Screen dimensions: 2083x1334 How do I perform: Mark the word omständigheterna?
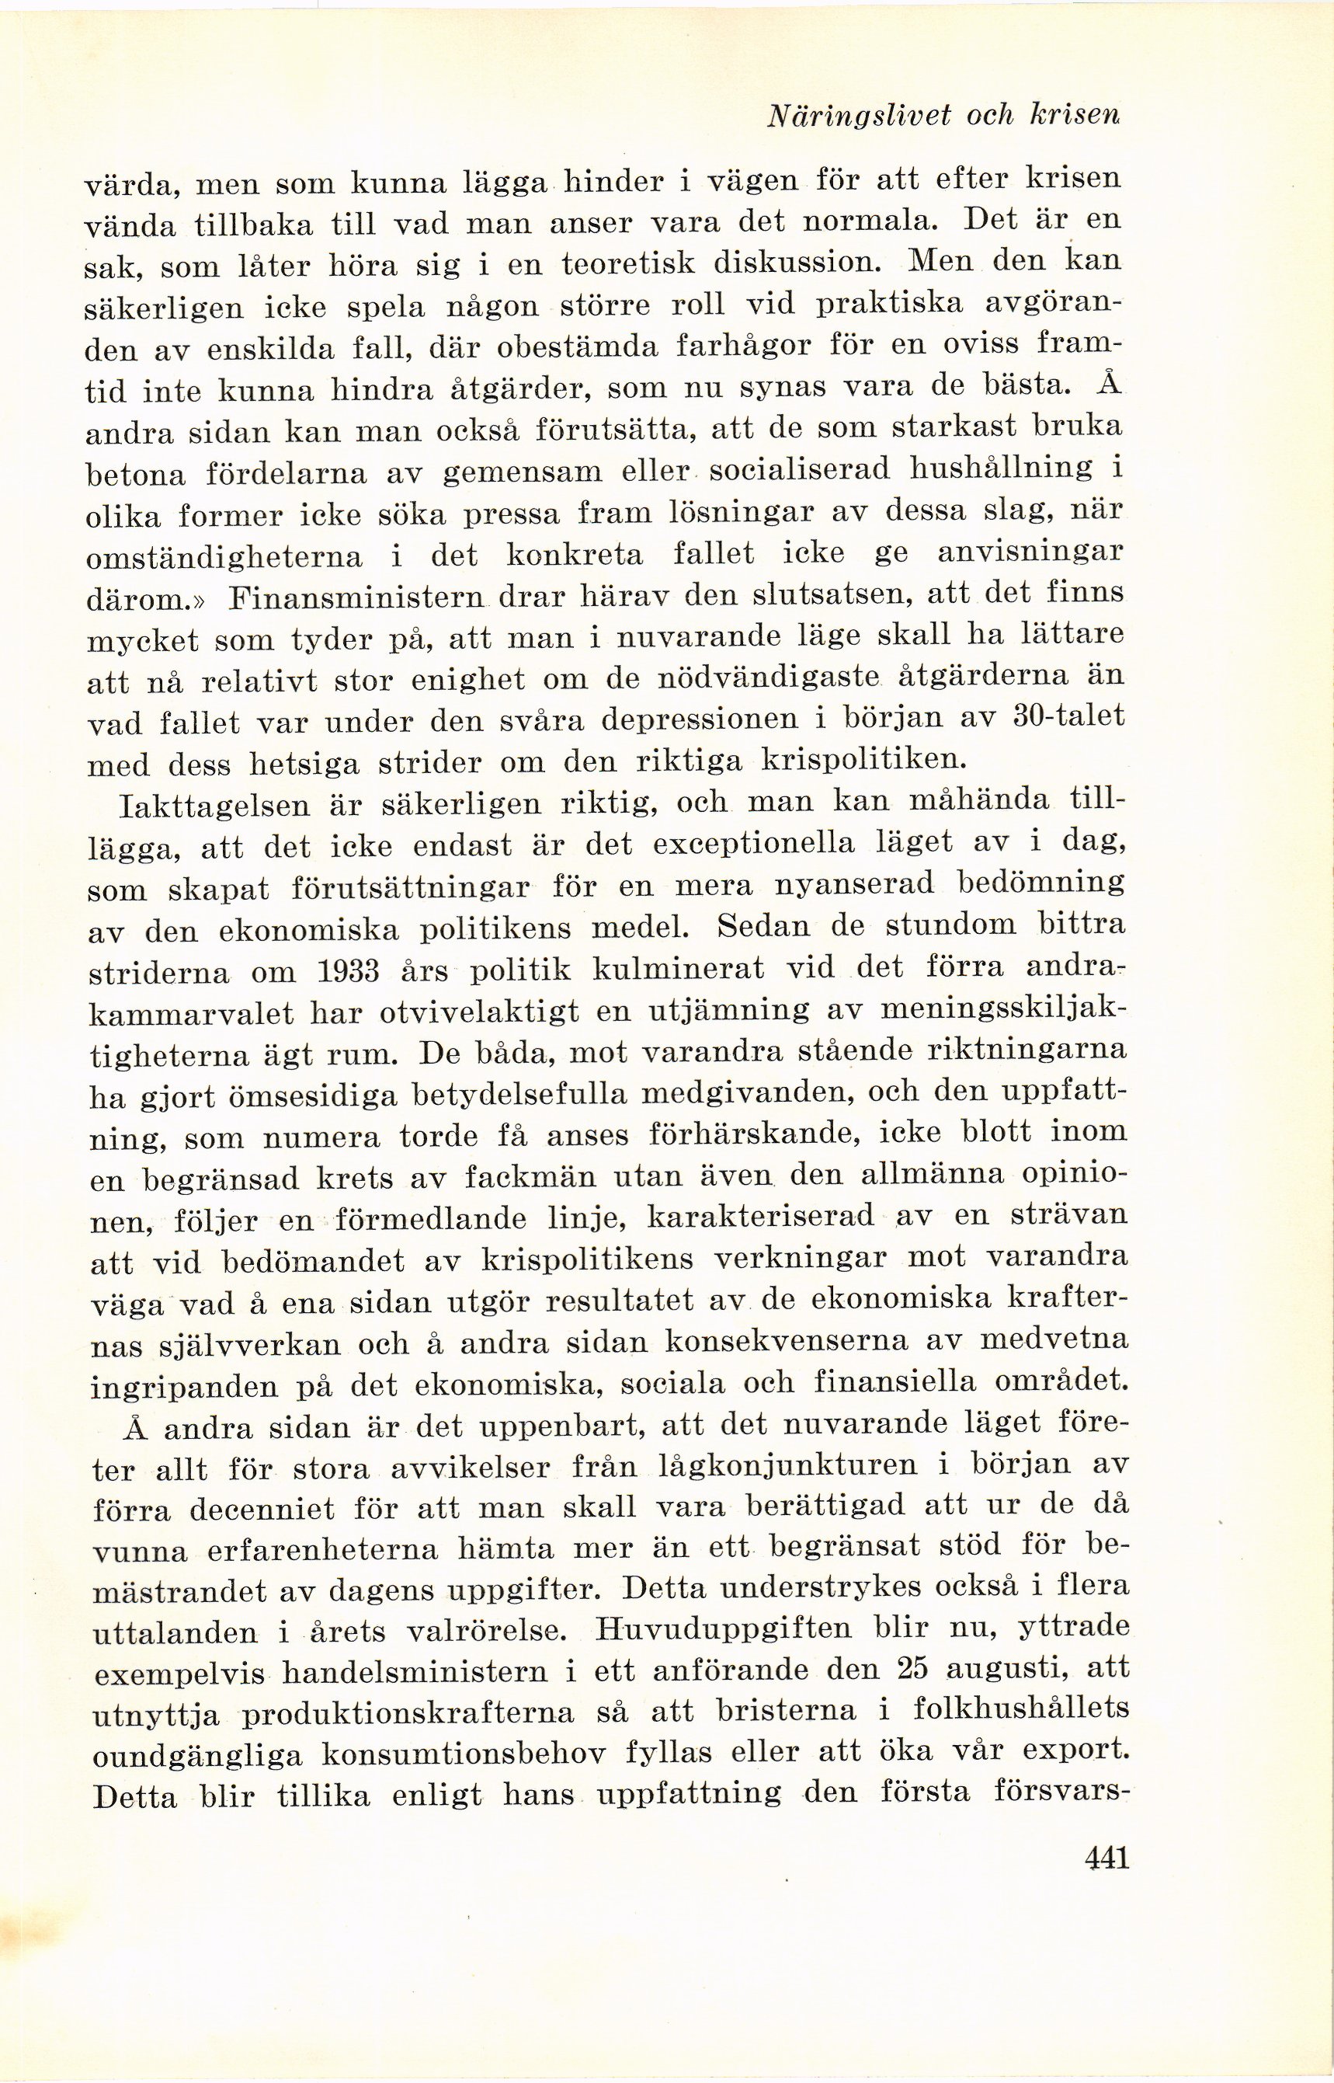(x=225, y=556)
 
